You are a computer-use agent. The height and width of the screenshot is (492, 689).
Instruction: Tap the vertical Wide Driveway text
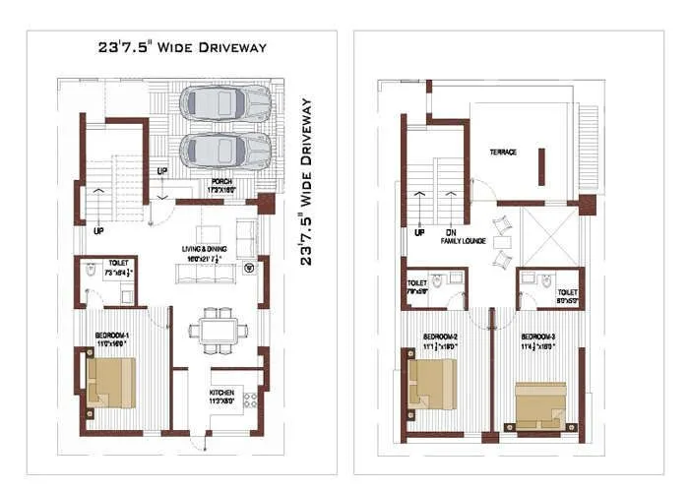point(306,181)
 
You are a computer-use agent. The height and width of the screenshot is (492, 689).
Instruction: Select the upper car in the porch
point(225,102)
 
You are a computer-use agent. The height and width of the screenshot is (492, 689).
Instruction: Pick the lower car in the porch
point(225,151)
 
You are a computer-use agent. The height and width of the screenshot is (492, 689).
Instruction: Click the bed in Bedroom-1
point(110,383)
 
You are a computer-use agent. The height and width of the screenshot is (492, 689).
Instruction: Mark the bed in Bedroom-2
point(431,385)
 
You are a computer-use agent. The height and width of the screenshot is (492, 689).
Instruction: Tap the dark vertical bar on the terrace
point(539,165)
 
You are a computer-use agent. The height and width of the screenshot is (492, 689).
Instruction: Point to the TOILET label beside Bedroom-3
point(568,293)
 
